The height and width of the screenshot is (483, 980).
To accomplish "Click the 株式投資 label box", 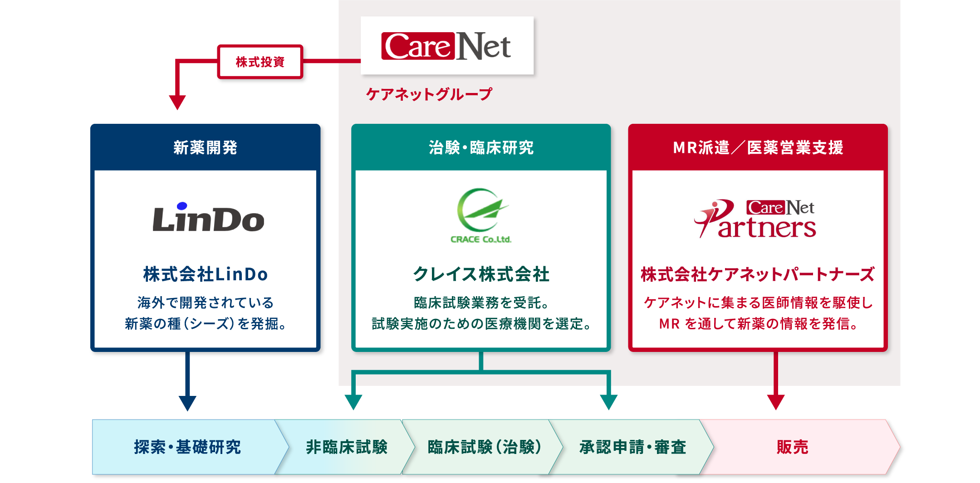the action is point(260,62).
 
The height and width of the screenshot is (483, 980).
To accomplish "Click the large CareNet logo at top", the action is point(446,46).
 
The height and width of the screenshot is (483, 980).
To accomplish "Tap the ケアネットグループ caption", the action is point(429,94).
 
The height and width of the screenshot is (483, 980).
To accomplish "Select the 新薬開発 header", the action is point(206,147).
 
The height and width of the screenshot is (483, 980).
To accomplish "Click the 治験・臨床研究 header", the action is point(481,147).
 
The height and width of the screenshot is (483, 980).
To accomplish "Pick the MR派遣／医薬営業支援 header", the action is point(758,147).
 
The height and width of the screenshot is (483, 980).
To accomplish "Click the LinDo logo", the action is point(208,217).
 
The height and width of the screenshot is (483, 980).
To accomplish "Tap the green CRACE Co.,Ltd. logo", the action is point(481,216).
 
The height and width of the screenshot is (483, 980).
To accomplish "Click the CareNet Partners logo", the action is point(755,219).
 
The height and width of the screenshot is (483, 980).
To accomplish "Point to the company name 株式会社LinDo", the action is point(206,274).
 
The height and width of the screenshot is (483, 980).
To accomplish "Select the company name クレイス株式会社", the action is point(481,274).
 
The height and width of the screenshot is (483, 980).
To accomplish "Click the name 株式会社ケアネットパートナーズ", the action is point(758,274).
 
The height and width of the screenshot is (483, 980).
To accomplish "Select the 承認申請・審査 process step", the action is point(632,447).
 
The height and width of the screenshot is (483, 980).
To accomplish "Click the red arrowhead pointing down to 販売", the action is point(776,402).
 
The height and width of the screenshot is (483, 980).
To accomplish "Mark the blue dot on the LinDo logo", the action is point(182,206).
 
